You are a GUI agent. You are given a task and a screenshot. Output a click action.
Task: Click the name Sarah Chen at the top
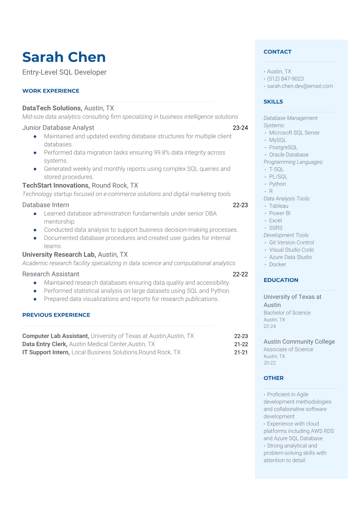64,57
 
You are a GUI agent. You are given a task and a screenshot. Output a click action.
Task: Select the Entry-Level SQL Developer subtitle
64,72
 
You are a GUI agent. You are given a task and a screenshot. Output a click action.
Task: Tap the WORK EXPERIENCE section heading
51,91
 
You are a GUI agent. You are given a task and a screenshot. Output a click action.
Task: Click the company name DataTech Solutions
52,108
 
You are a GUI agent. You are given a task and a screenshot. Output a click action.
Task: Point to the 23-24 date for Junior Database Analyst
240,128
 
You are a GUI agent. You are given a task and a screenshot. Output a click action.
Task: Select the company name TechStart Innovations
56,185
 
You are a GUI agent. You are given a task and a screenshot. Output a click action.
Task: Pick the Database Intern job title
46,205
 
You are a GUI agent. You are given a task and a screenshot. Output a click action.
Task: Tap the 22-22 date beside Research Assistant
240,274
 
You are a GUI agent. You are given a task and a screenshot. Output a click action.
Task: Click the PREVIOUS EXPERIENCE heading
56,315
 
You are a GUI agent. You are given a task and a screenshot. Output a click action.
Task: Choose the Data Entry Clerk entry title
44,344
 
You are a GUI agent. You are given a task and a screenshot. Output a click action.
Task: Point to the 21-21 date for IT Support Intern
241,352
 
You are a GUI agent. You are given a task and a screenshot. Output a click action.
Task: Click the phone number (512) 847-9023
285,79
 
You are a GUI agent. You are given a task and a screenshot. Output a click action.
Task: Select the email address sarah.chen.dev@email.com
300,86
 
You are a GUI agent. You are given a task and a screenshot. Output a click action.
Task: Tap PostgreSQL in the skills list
283,147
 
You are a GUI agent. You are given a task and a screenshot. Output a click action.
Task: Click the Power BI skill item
280,213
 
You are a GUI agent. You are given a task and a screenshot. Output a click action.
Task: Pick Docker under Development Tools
277,265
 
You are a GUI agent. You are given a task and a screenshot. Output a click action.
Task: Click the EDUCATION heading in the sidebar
281,280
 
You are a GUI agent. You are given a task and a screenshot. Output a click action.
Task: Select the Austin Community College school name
299,342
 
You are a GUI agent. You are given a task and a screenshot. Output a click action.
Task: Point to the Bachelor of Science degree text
287,313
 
